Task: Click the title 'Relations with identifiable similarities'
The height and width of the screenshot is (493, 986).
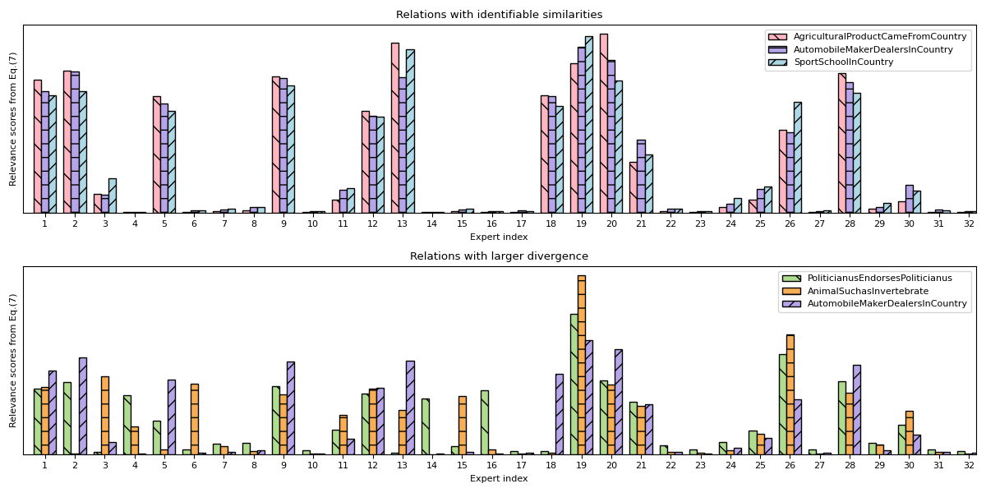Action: (x=499, y=15)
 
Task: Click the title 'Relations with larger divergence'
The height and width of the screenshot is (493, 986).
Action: (x=499, y=256)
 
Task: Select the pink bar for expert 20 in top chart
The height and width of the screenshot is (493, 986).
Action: (x=604, y=123)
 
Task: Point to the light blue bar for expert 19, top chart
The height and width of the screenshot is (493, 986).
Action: (x=589, y=124)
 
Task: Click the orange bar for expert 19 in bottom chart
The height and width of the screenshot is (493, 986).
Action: (x=582, y=365)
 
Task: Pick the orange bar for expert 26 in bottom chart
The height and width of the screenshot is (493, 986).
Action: (x=790, y=394)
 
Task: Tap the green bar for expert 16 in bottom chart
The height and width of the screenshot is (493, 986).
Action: (x=485, y=422)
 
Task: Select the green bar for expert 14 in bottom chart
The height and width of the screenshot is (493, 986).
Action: (x=425, y=426)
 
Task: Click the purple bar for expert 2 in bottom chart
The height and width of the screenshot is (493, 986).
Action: (x=83, y=406)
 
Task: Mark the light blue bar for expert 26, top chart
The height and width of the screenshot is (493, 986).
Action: (x=798, y=157)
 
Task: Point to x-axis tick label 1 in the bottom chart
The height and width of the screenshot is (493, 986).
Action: (x=44, y=465)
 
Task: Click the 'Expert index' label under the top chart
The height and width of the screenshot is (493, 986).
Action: (x=499, y=237)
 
